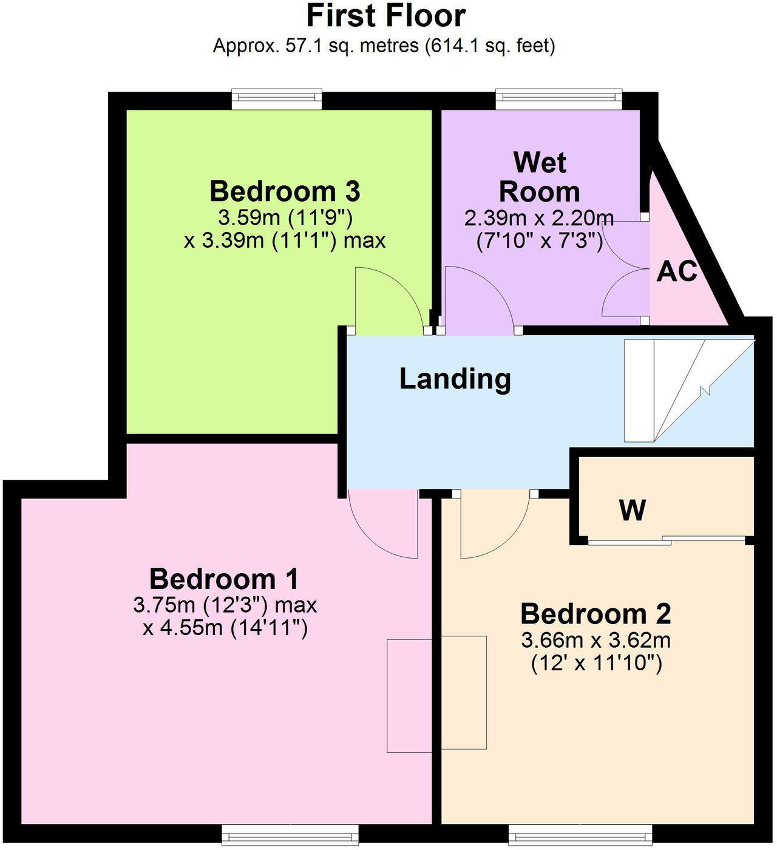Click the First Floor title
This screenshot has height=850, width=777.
[x=385, y=16]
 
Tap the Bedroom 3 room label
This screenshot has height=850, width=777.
[x=285, y=191]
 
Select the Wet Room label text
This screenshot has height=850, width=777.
[x=539, y=177]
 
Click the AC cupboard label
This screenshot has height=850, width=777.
[x=676, y=272]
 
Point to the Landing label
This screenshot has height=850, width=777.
[x=455, y=378]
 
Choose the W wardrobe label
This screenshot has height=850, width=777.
[x=632, y=510]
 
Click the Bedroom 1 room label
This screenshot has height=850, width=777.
[x=224, y=579]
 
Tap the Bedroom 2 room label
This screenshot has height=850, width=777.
[x=595, y=614]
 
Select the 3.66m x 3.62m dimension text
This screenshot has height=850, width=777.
[x=595, y=640]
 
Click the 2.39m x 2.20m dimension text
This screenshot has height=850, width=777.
[x=539, y=217]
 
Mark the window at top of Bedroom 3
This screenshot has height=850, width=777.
[x=277, y=99]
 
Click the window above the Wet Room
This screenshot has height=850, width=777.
[x=558, y=99]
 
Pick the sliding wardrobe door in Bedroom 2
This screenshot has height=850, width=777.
[x=667, y=539]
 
